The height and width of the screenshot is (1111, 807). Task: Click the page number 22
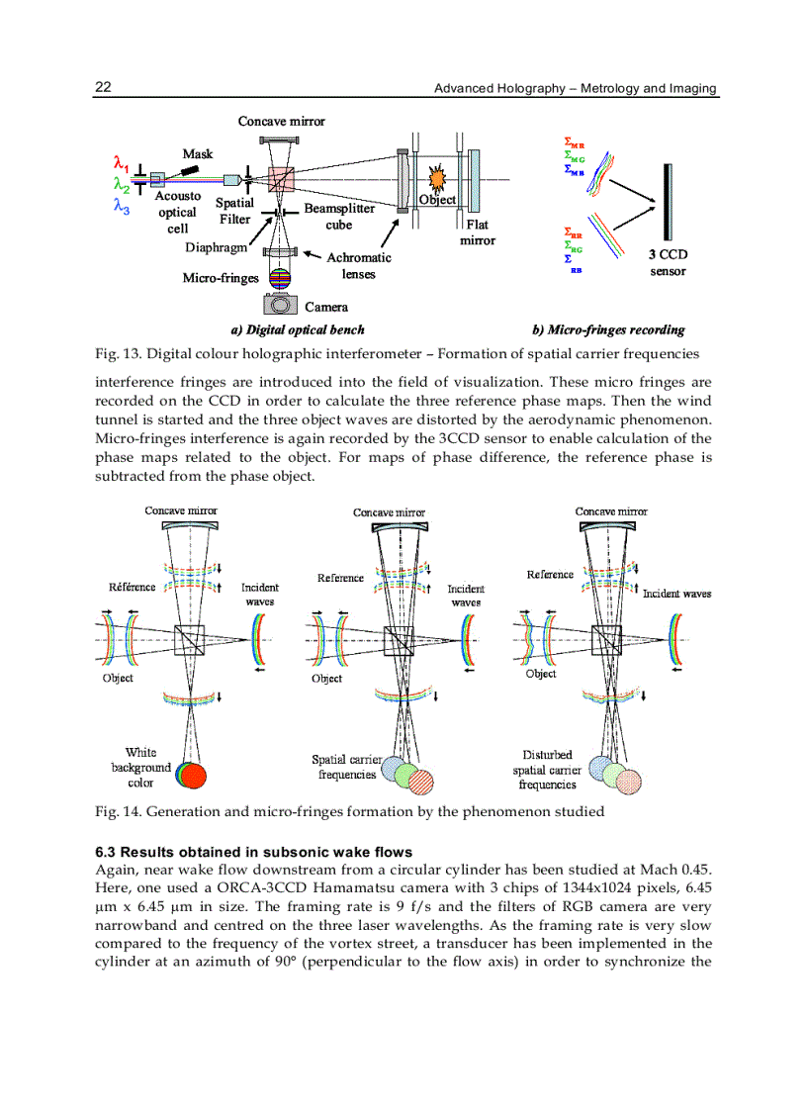tap(102, 88)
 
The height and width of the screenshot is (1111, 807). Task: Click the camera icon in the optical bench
tap(280, 304)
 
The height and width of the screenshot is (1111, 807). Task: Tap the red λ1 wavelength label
tap(120, 162)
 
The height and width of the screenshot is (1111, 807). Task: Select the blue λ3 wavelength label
tap(120, 206)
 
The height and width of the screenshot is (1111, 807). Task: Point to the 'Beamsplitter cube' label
tap(339, 217)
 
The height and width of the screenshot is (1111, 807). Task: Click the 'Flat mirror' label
tap(478, 231)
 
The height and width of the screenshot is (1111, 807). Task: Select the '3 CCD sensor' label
tap(668, 262)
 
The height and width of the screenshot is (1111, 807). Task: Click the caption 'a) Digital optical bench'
tap(298, 329)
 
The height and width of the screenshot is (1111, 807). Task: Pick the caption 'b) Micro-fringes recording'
tap(608, 329)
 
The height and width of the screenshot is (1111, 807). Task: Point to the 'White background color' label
tap(140, 767)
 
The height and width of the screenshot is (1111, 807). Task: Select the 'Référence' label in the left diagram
tap(132, 587)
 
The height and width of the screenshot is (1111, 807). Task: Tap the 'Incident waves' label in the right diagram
tap(676, 594)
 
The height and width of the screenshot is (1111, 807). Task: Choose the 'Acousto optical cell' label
tap(177, 212)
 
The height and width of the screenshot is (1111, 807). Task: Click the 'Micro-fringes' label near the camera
tap(220, 278)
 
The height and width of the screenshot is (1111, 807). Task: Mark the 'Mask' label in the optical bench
tap(198, 153)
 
